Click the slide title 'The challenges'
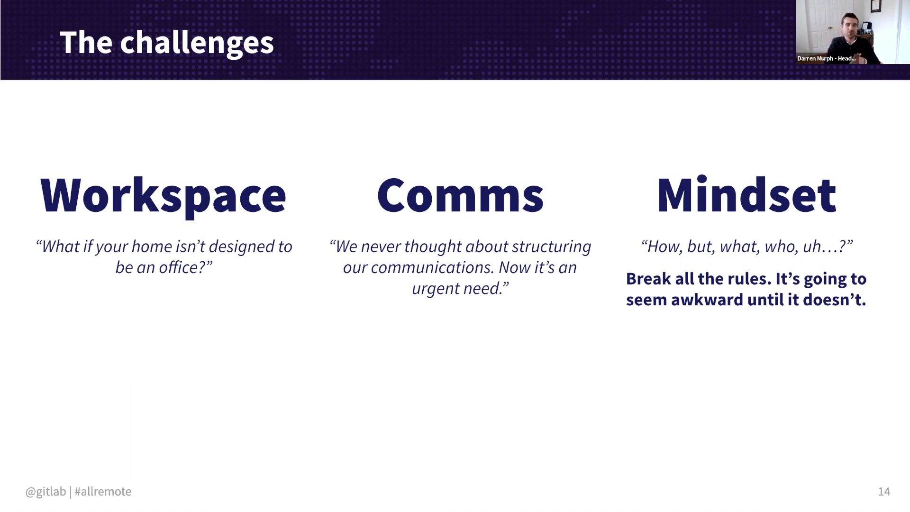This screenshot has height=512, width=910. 166,43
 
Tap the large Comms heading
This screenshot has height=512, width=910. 460,195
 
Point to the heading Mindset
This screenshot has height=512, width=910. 746,195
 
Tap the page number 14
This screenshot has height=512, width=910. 884,492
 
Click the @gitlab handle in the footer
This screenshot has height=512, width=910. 45,492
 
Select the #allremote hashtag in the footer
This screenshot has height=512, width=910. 103,492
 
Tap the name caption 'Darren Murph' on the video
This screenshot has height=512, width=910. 815,58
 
